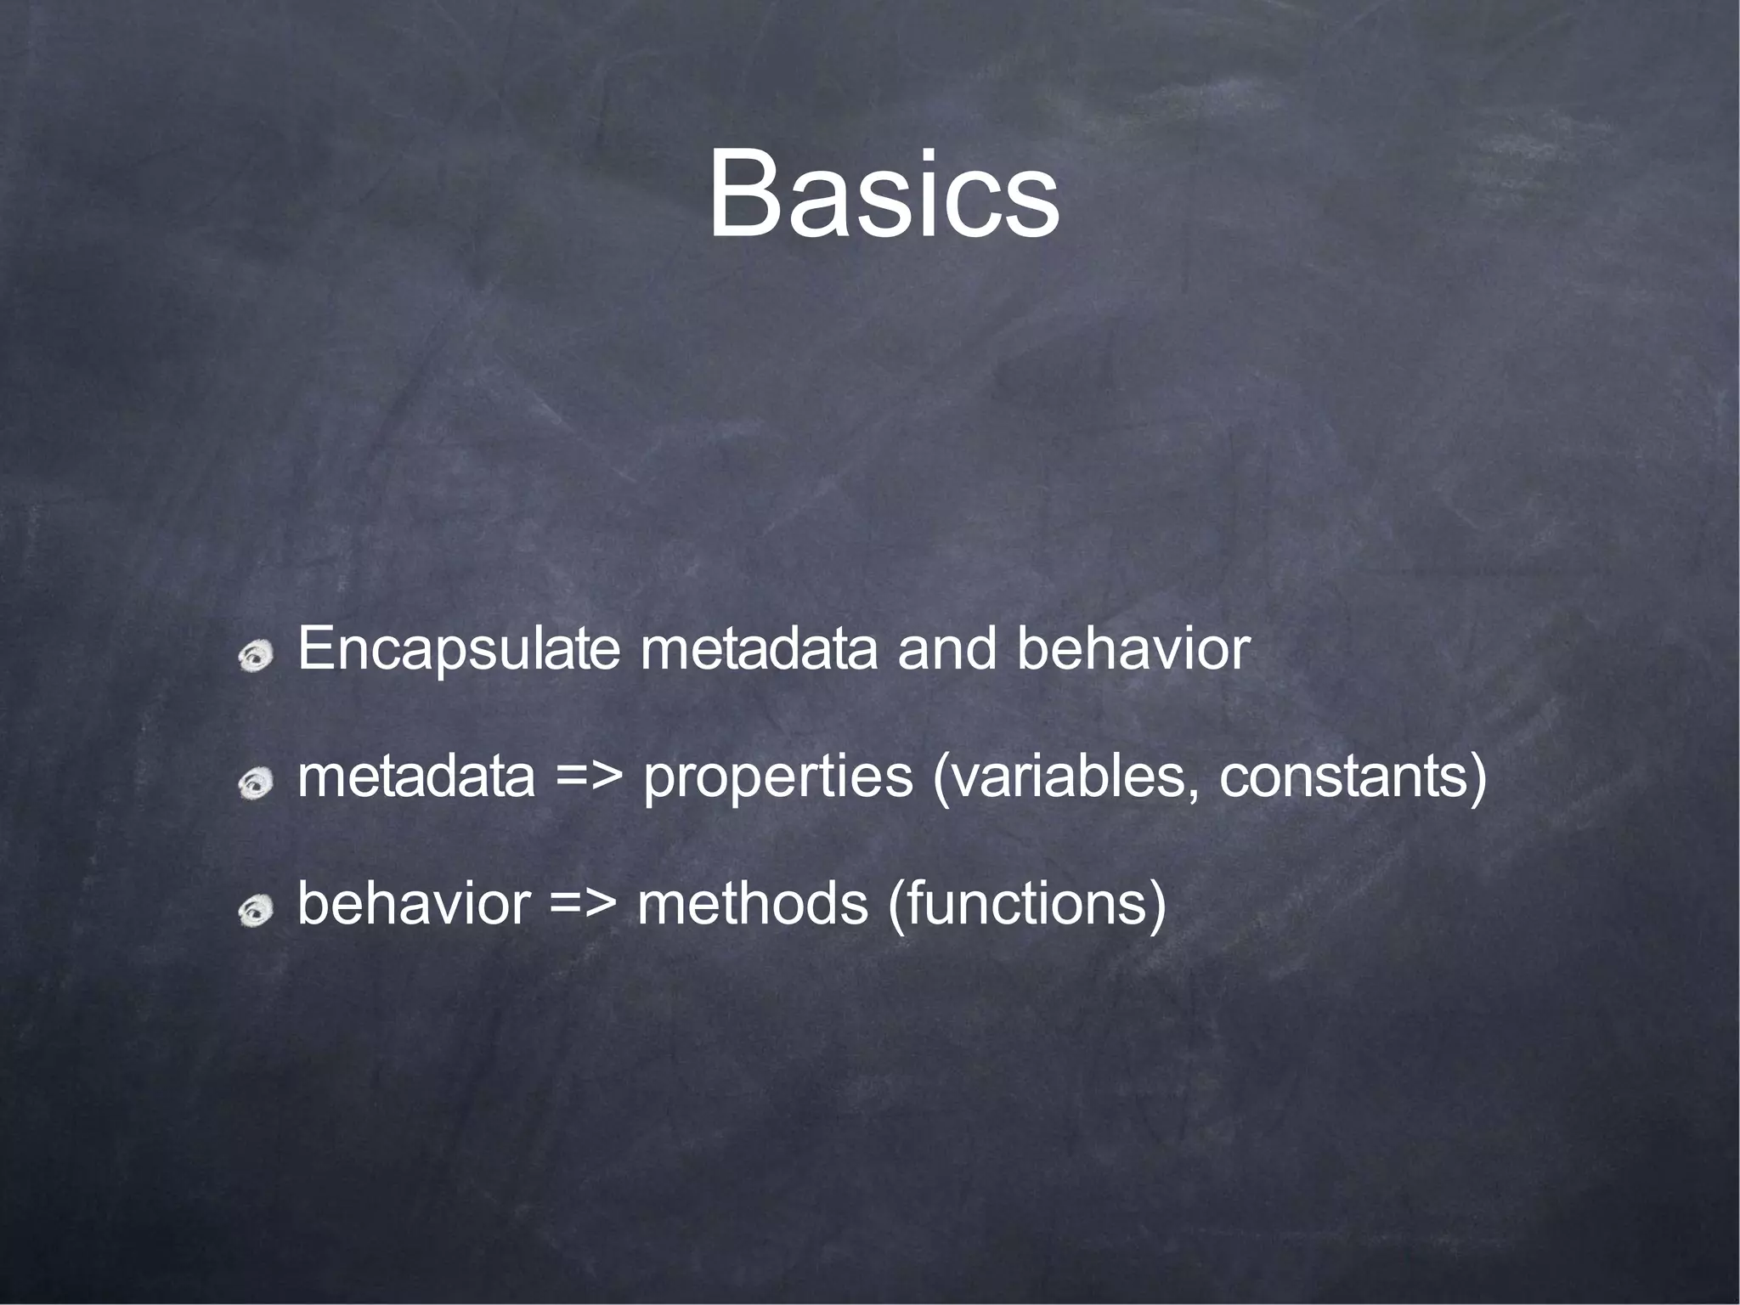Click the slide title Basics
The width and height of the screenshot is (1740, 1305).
[884, 195]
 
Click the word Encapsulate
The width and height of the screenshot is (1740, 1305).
[459, 651]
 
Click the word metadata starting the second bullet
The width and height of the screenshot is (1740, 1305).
[416, 777]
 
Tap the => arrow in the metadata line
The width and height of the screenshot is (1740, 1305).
[589, 777]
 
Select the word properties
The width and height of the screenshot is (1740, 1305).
[777, 778]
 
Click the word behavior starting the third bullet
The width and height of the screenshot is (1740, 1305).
[414, 904]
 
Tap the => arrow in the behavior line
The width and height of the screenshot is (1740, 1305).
[582, 904]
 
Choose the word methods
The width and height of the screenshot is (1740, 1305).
[752, 904]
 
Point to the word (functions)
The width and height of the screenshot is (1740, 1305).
[1026, 906]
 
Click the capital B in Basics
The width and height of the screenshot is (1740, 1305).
[745, 195]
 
